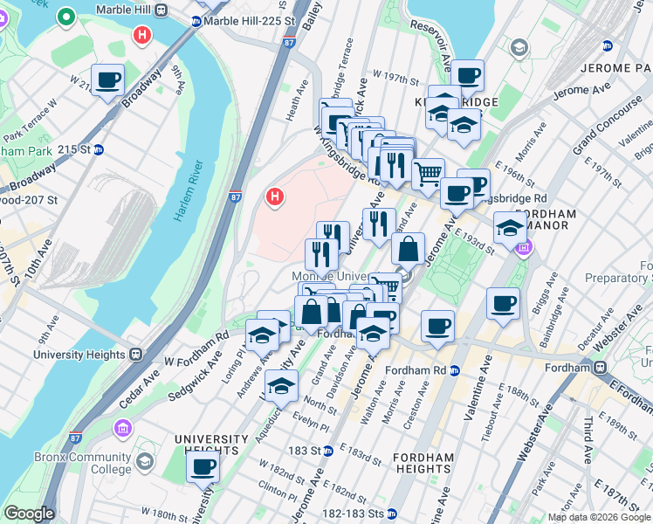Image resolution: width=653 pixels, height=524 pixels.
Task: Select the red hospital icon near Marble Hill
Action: coord(141,36)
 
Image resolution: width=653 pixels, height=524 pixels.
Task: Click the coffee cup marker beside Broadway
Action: coord(107,81)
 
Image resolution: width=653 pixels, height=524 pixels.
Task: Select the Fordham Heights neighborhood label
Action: coord(423,464)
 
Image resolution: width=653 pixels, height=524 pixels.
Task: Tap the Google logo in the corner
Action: coord(28,514)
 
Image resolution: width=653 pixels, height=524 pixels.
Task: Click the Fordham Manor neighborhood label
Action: coord(546,219)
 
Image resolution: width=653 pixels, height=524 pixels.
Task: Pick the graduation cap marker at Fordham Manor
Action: coord(509,229)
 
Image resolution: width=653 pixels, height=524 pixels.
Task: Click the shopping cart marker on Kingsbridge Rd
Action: coord(427,174)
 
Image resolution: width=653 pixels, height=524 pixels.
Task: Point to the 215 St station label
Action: coord(74,149)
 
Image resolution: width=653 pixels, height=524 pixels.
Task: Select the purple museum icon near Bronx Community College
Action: coord(121,428)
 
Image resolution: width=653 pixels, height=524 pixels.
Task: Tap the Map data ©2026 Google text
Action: coord(599,517)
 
